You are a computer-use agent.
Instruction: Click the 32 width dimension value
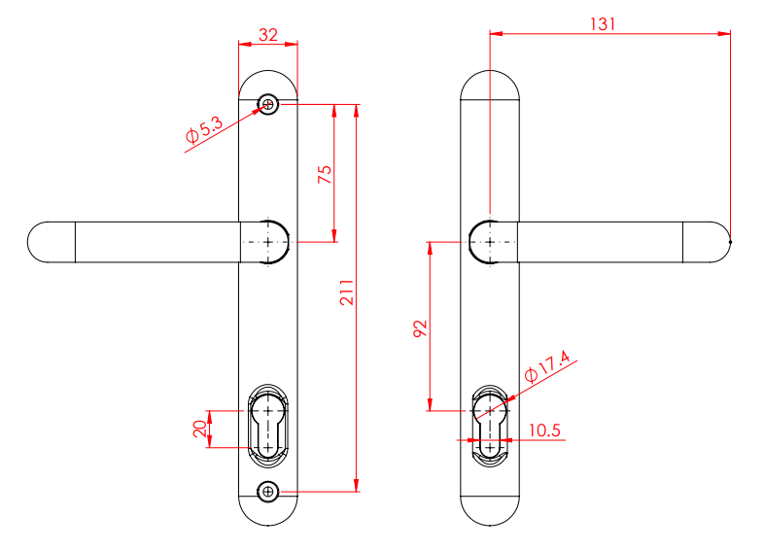tap(267, 34)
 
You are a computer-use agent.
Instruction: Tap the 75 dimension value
tap(326, 174)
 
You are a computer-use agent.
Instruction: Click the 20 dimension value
tap(199, 429)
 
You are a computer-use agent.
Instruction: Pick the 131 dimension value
tap(603, 23)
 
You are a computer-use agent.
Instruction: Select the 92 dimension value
tap(420, 327)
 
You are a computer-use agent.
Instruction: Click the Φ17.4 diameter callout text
tap(546, 368)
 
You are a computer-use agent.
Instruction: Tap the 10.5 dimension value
tap(545, 430)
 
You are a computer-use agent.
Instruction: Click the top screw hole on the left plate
tap(268, 104)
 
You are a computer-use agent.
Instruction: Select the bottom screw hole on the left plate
tap(268, 492)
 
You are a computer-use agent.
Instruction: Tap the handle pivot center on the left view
tap(268, 241)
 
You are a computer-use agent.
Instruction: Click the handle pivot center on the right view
tap(490, 241)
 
